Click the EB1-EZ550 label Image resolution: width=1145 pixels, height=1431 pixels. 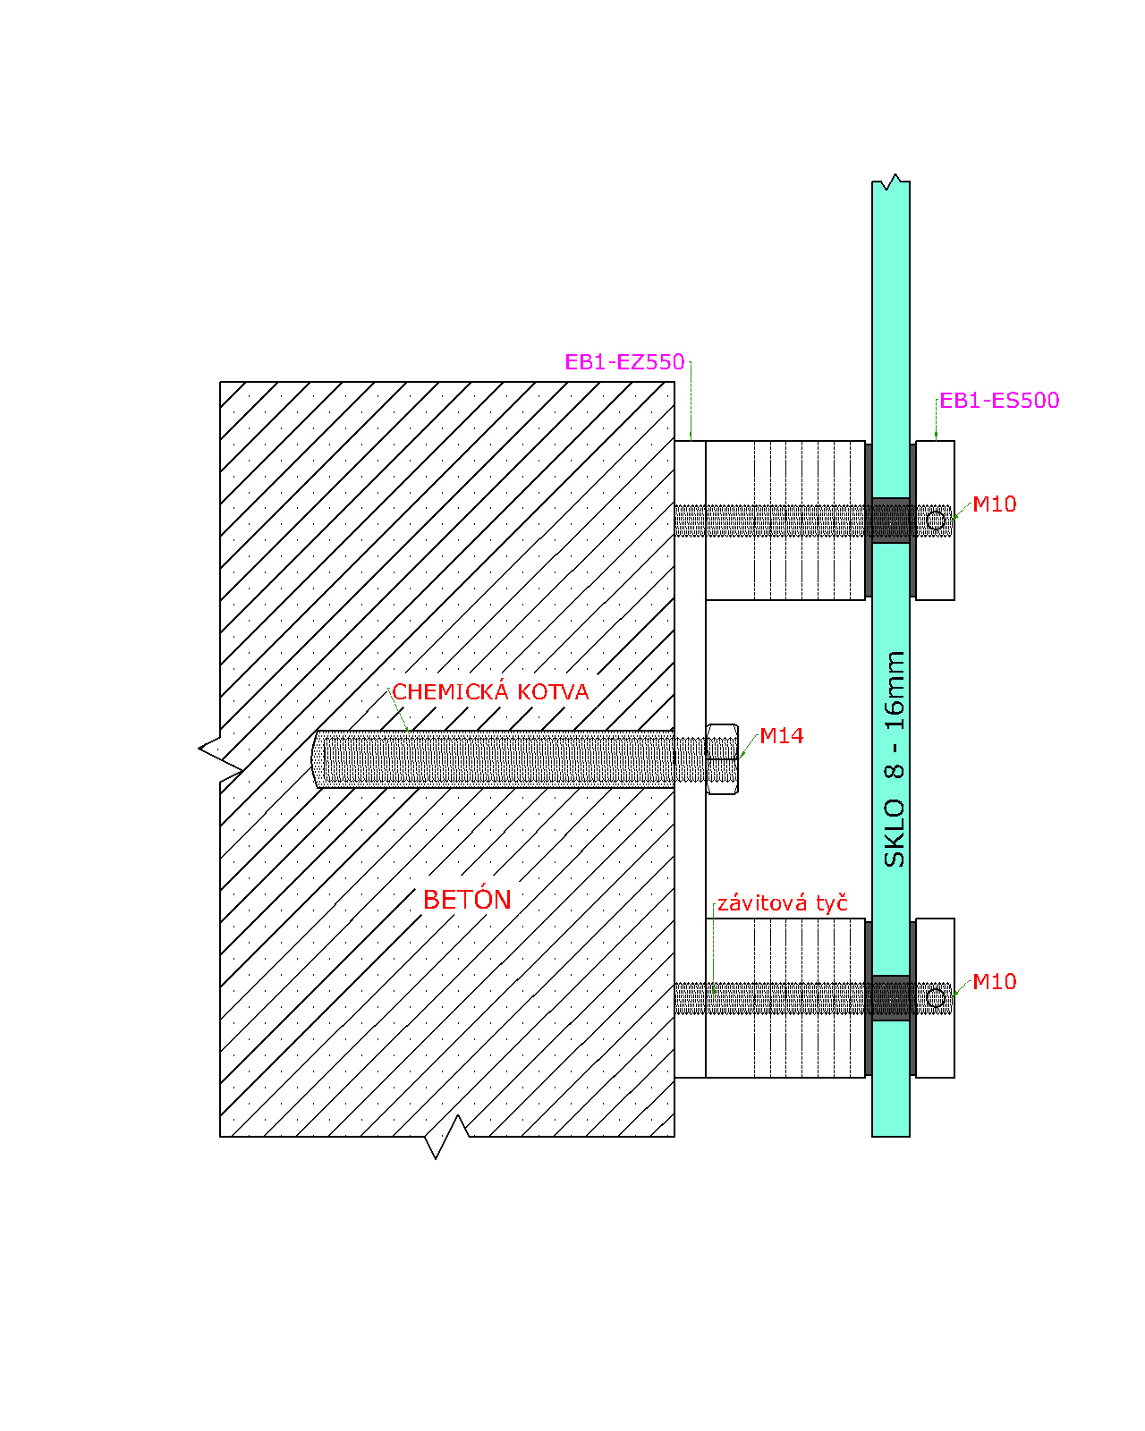pyautogui.click(x=624, y=361)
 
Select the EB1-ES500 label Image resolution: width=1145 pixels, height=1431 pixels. pyautogui.click(x=998, y=401)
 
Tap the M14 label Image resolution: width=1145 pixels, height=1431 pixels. pyautogui.click(x=781, y=735)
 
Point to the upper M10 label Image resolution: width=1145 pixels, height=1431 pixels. pyautogui.click(x=994, y=504)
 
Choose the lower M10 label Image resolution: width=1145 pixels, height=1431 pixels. pyautogui.click(x=994, y=981)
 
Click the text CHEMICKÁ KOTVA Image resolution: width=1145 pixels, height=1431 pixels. pyautogui.click(x=490, y=691)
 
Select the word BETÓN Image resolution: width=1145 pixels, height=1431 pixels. pyautogui.click(x=467, y=900)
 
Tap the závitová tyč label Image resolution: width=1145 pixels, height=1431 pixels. pyautogui.click(x=783, y=903)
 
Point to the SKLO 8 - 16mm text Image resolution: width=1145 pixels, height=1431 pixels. pyautogui.click(x=895, y=759)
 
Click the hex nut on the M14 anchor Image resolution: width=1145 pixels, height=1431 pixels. pyautogui.click(x=722, y=758)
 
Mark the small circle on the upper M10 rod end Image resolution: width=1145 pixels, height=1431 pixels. pyautogui.click(x=936, y=520)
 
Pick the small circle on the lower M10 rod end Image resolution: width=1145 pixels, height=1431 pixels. pyautogui.click(x=936, y=997)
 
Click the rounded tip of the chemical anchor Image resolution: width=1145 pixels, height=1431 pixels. pyautogui.click(x=317, y=758)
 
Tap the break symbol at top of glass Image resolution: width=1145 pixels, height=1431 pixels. pyautogui.click(x=891, y=182)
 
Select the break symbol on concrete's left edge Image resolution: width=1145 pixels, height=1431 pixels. pyautogui.click(x=220, y=758)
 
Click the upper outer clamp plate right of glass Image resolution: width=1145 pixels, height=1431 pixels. pyautogui.click(x=935, y=520)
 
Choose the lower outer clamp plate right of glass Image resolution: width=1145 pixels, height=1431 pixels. pyautogui.click(x=935, y=997)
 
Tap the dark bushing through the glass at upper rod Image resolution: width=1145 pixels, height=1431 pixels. pyautogui.click(x=891, y=520)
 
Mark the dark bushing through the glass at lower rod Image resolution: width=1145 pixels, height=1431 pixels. pyautogui.click(x=891, y=997)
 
